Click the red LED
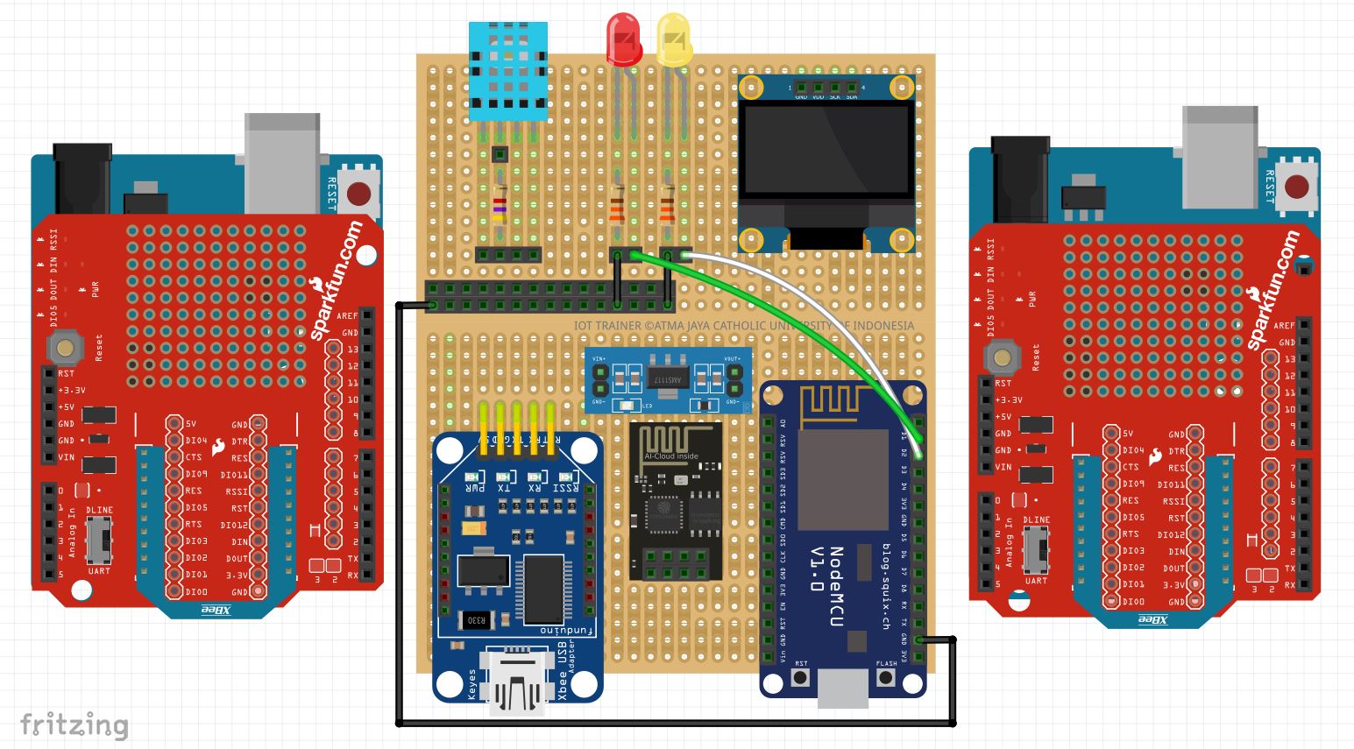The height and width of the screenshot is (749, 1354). (x=623, y=39)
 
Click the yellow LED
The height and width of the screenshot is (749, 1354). (x=674, y=39)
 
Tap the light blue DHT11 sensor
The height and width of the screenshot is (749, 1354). (x=508, y=70)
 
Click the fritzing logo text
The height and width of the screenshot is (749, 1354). (x=74, y=725)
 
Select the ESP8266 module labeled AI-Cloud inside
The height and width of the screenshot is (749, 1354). (x=673, y=499)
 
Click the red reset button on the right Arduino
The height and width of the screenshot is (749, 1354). (x=1295, y=187)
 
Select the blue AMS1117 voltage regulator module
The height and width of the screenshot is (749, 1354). (x=667, y=379)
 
